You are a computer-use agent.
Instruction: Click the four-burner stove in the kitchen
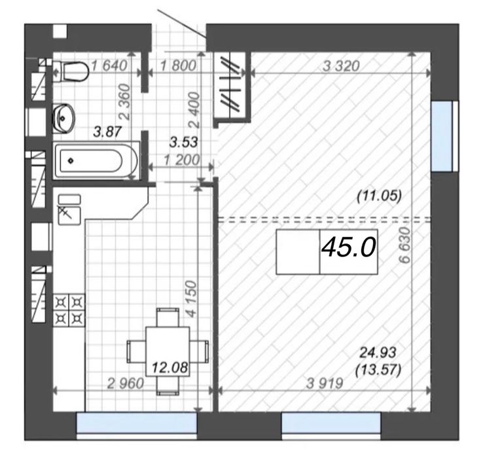coord(69,309)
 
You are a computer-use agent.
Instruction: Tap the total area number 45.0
coord(348,248)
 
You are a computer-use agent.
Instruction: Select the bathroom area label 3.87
coord(106,132)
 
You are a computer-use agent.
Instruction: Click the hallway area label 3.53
coord(183,141)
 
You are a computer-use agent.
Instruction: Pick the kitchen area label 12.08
coord(170,369)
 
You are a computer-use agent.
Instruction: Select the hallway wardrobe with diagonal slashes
coord(232,88)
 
